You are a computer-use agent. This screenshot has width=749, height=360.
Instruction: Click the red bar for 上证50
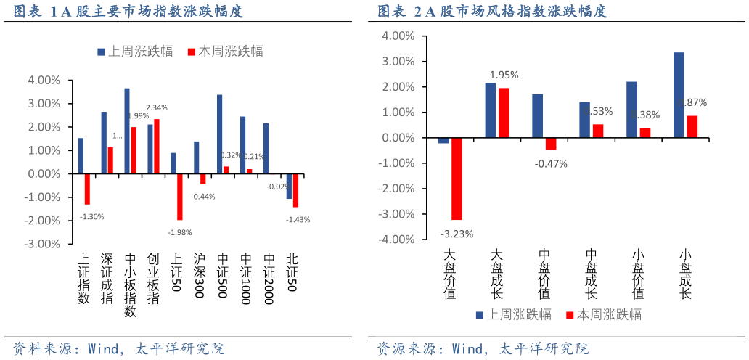pyautogui.click(x=180, y=197)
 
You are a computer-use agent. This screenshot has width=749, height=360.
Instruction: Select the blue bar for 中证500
pyautogui.click(x=219, y=134)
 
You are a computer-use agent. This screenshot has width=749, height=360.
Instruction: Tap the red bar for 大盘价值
pyautogui.click(x=457, y=179)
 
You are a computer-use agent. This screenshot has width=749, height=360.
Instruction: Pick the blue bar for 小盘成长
pyautogui.click(x=679, y=95)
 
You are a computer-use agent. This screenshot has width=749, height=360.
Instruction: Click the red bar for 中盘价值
pyautogui.click(x=551, y=144)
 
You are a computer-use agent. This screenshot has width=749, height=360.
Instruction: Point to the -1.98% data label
pyautogui.click(x=179, y=232)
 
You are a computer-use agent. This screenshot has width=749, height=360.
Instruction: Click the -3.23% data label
pyautogui.click(x=457, y=234)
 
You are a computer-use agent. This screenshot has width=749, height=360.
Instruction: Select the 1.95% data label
pyautogui.click(x=504, y=75)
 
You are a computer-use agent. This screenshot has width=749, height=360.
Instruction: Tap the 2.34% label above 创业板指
pyautogui.click(x=156, y=107)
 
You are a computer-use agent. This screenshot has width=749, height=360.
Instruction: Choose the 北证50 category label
pyautogui.click(x=291, y=272)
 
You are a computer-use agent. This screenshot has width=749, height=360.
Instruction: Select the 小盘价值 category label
pyautogui.click(x=638, y=274)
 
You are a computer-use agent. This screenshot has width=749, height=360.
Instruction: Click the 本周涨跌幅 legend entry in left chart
pyautogui.click(x=224, y=52)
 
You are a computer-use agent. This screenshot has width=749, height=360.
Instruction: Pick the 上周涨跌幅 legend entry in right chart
pyautogui.click(x=512, y=314)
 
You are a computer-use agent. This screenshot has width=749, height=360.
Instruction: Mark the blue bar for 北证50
pyautogui.click(x=289, y=187)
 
